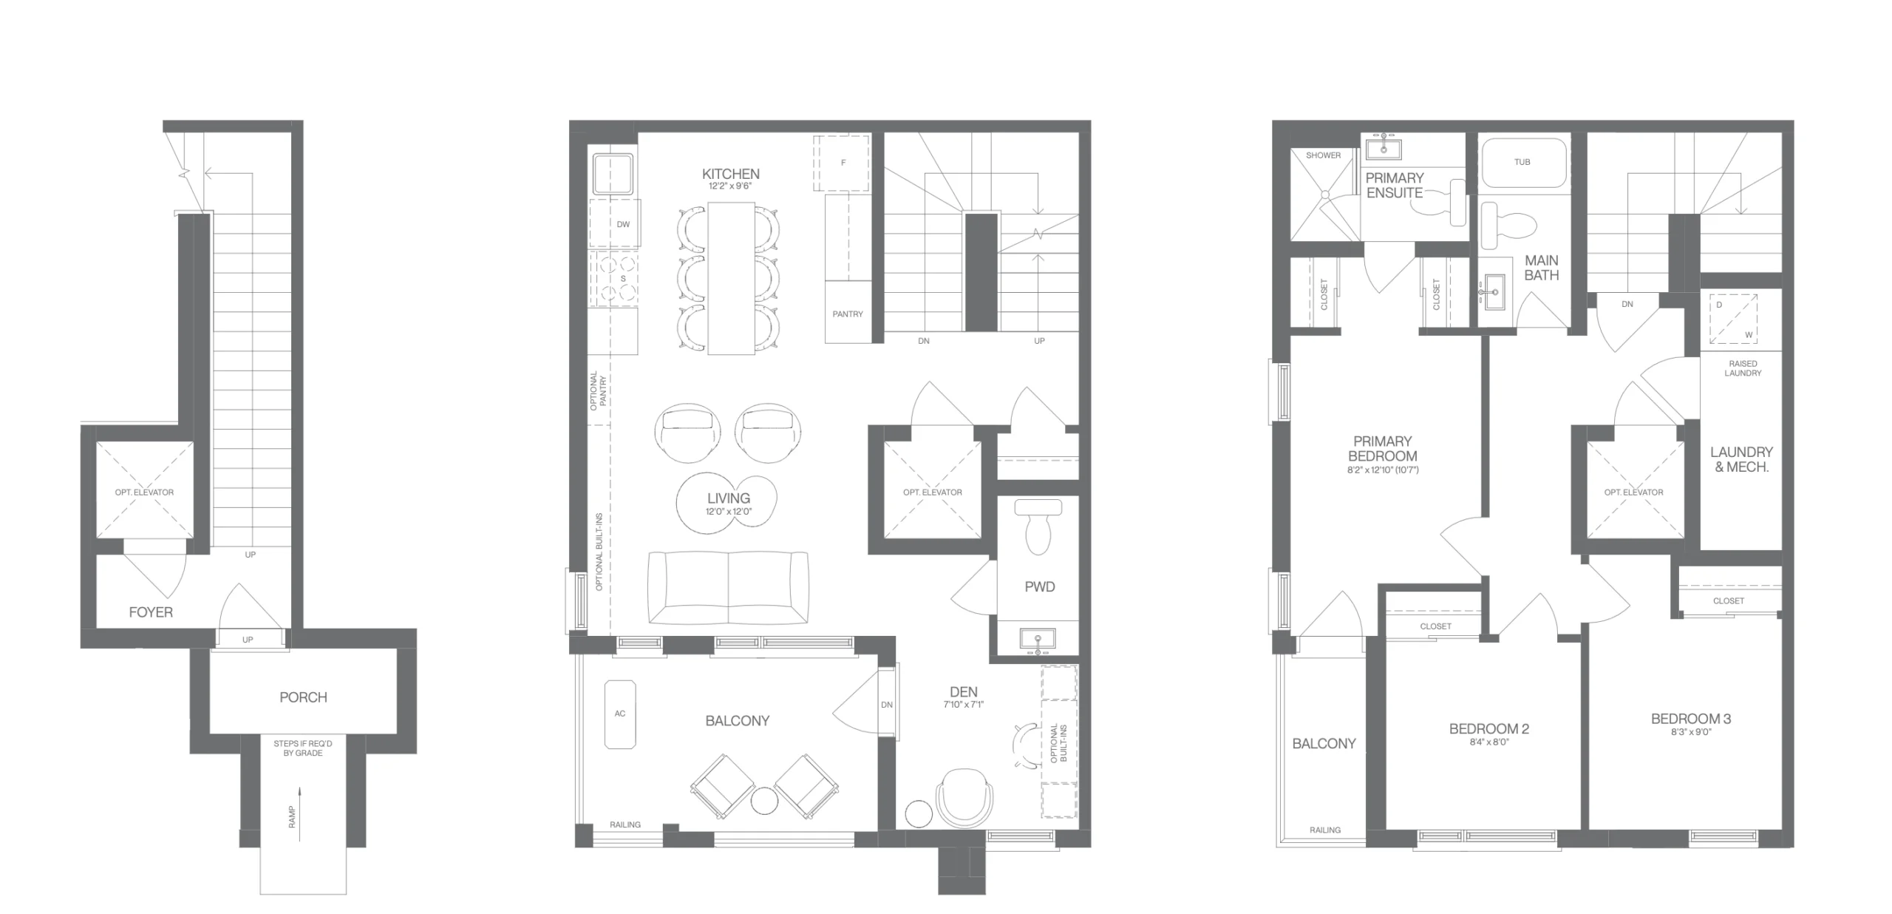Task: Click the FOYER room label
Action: [151, 612]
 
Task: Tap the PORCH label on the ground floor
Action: [303, 697]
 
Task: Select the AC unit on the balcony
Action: [620, 714]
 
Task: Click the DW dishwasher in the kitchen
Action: [614, 223]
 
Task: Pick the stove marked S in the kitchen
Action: [613, 279]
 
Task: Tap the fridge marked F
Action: [842, 163]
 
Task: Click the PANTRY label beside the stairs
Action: [848, 314]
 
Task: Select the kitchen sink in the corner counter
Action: [613, 174]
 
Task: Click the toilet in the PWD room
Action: [1038, 526]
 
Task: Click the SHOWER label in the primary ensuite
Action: [1323, 155]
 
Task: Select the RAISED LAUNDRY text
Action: [1743, 368]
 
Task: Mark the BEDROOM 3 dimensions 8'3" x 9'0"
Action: [1691, 732]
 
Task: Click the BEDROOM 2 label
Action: [1489, 729]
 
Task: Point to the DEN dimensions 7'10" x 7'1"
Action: [963, 705]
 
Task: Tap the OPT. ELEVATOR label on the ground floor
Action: [144, 492]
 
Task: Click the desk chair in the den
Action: [964, 799]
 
